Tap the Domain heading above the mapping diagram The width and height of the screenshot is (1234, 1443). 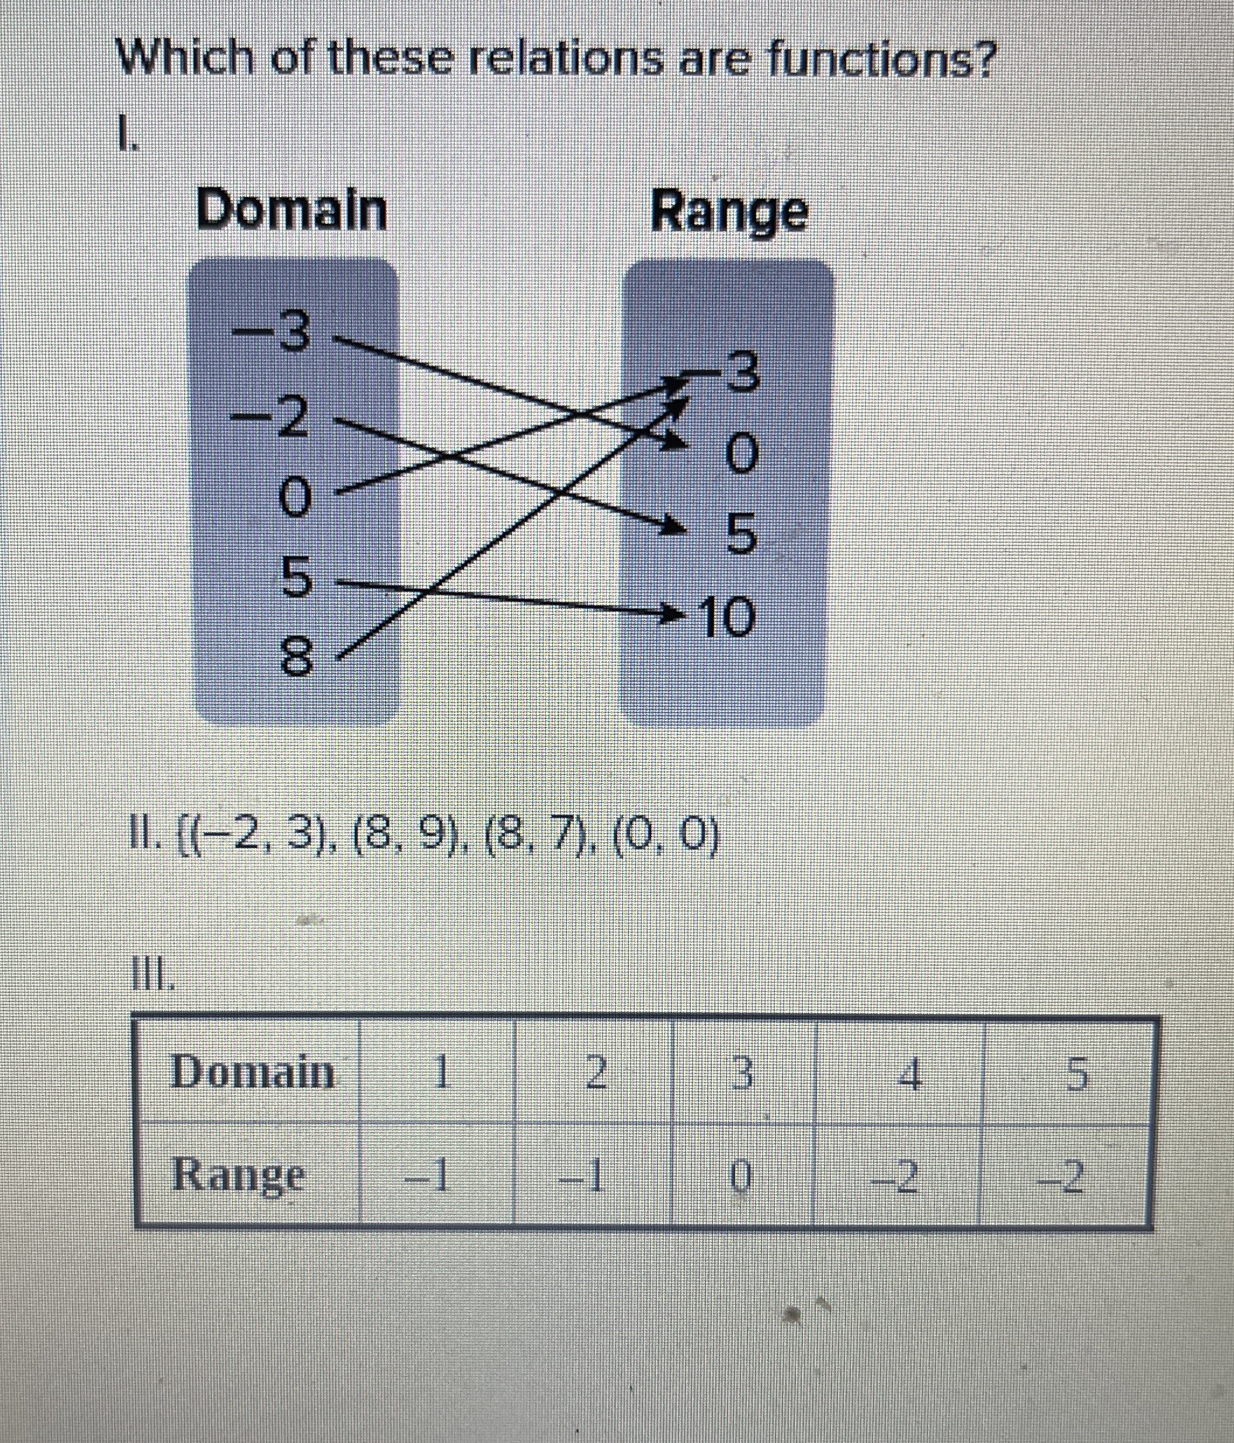tap(291, 210)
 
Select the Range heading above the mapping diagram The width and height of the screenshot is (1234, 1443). tap(729, 212)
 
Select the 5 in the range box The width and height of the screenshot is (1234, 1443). tap(741, 535)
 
